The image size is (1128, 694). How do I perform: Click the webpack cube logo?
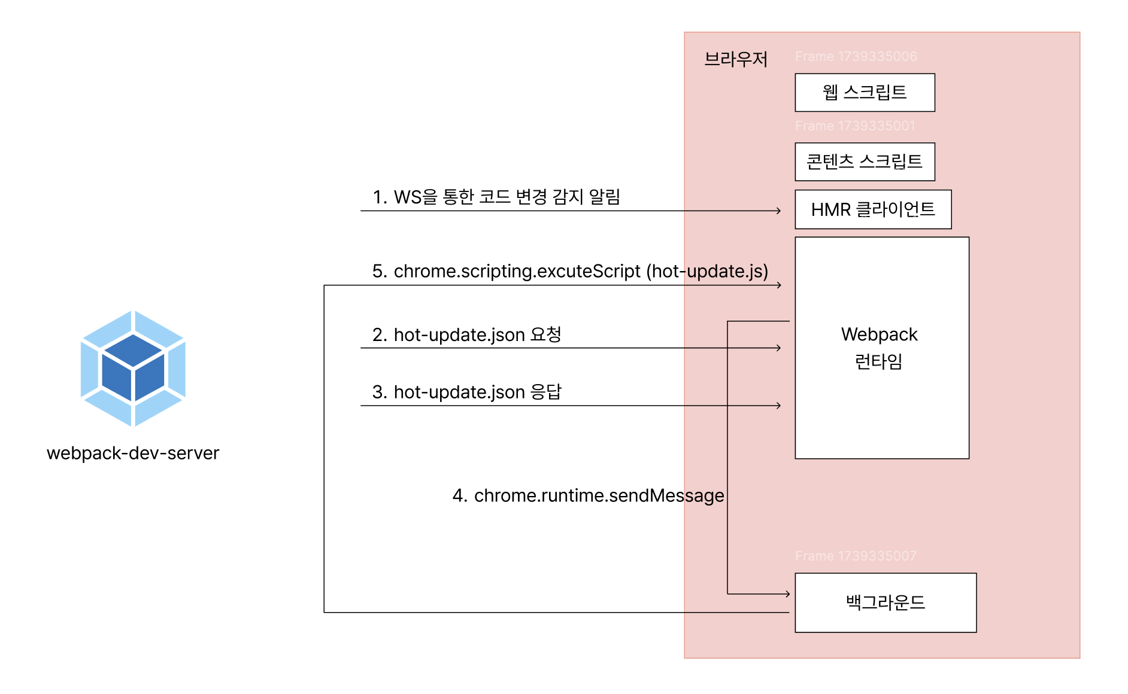pyautogui.click(x=133, y=368)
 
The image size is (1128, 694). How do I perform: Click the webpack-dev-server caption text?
pyautogui.click(x=133, y=453)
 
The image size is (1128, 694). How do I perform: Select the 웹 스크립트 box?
pyautogui.click(x=865, y=92)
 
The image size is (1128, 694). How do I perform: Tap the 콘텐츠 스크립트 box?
pyautogui.click(x=865, y=162)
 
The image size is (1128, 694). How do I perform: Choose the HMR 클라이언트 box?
pyautogui.click(x=873, y=209)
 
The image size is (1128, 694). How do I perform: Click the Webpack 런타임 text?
pyautogui.click(x=879, y=348)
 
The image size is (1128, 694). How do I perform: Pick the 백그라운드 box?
pyautogui.click(x=886, y=602)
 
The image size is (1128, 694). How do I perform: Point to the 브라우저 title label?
pyautogui.click(x=736, y=59)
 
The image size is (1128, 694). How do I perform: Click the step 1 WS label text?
pyautogui.click(x=496, y=197)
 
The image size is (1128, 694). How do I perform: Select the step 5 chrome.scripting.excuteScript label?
pyautogui.click(x=570, y=271)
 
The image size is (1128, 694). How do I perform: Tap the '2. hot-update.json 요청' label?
pyautogui.click(x=467, y=334)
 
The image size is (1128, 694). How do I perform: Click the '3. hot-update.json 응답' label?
pyautogui.click(x=467, y=392)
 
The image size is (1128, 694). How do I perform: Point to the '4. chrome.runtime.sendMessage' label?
pyautogui.click(x=589, y=495)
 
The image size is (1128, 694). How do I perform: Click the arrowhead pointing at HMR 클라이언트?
pyautogui.click(x=778, y=211)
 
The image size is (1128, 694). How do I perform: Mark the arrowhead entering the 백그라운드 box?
pyautogui.click(x=787, y=594)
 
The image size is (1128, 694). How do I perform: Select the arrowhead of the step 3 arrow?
pyautogui.click(x=778, y=406)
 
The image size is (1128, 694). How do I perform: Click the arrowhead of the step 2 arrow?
pyautogui.click(x=778, y=348)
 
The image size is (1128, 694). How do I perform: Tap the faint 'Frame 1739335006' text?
pyautogui.click(x=856, y=57)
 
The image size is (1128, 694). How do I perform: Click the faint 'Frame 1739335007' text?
pyautogui.click(x=856, y=556)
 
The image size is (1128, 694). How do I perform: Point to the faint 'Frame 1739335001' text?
pyautogui.click(x=855, y=126)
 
